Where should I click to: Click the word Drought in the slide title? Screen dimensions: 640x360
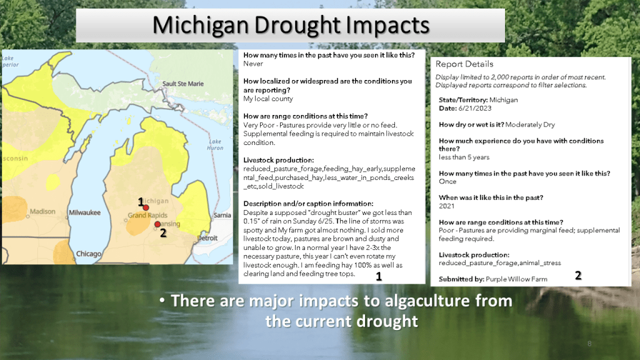coord(297,25)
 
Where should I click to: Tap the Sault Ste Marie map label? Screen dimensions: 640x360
coord(183,84)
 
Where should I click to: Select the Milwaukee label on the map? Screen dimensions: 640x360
coord(84,212)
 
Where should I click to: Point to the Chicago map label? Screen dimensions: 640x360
coord(89,254)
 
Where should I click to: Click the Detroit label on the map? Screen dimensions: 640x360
coord(207,238)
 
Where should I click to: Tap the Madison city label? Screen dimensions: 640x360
coord(42,211)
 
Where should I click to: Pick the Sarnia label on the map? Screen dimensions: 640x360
coord(222,215)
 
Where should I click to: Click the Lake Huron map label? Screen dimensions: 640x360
coord(215,144)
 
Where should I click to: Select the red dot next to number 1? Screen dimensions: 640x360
coord(146,207)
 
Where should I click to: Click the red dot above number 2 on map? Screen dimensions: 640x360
coord(157,224)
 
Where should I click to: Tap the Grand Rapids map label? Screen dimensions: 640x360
coord(147,215)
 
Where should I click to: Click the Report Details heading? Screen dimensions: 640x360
coord(464,64)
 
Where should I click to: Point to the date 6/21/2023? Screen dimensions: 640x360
coord(475,108)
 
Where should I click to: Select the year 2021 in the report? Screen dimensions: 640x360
coord(446,206)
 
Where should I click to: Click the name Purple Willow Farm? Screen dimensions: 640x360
coord(516,279)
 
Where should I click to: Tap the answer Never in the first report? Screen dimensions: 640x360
coord(253,64)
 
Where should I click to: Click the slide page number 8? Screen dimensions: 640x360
coord(589,344)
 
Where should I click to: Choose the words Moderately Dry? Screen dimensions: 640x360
coord(530,124)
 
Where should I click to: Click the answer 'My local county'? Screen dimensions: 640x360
coord(268,99)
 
